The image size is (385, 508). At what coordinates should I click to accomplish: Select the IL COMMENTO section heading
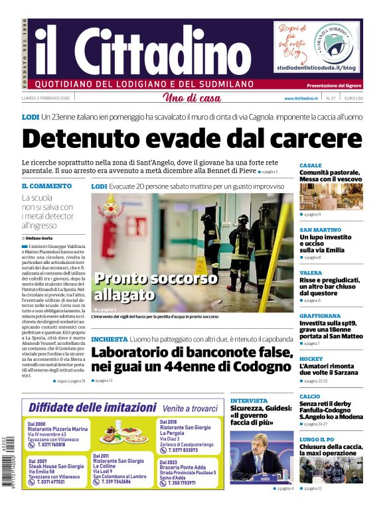pyautogui.click(x=46, y=186)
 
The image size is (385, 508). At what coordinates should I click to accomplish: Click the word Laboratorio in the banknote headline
pyautogui.click(x=139, y=353)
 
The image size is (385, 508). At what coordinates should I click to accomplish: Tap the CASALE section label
pyautogui.click(x=311, y=165)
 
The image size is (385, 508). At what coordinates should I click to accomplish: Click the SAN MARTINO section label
pyautogui.click(x=320, y=230)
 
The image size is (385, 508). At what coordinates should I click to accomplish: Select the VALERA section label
pyautogui.click(x=310, y=273)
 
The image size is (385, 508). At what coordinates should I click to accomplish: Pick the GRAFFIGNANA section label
pyautogui.click(x=320, y=316)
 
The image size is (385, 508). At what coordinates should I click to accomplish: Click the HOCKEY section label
pyautogui.click(x=311, y=358)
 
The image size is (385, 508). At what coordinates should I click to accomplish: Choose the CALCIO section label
pyautogui.click(x=309, y=396)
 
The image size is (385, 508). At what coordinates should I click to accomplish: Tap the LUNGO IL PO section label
pyautogui.click(x=316, y=439)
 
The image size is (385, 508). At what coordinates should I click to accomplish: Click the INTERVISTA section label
pyautogui.click(x=249, y=401)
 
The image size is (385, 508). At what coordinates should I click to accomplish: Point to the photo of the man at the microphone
pyautogui.click(x=262, y=458)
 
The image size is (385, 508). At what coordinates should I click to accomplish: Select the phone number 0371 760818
pyautogui.click(x=50, y=444)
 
